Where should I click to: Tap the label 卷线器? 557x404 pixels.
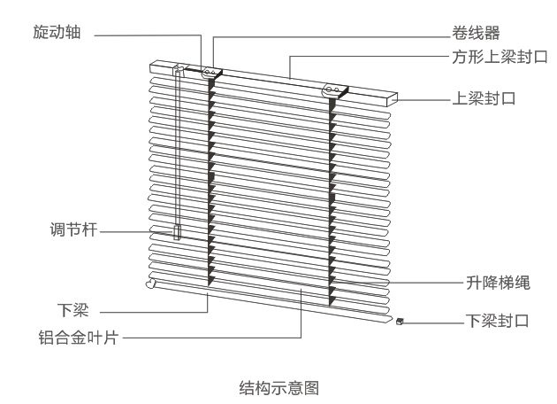click(x=471, y=35)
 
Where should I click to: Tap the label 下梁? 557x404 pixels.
click(x=72, y=311)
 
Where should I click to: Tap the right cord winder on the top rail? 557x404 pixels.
click(x=333, y=89)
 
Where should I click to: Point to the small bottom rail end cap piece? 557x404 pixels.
click(x=401, y=322)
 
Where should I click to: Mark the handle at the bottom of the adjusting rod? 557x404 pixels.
click(x=177, y=232)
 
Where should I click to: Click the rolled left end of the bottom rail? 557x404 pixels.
click(x=149, y=284)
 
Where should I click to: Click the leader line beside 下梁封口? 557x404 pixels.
click(x=433, y=321)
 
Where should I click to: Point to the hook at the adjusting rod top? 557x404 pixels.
click(x=178, y=68)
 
